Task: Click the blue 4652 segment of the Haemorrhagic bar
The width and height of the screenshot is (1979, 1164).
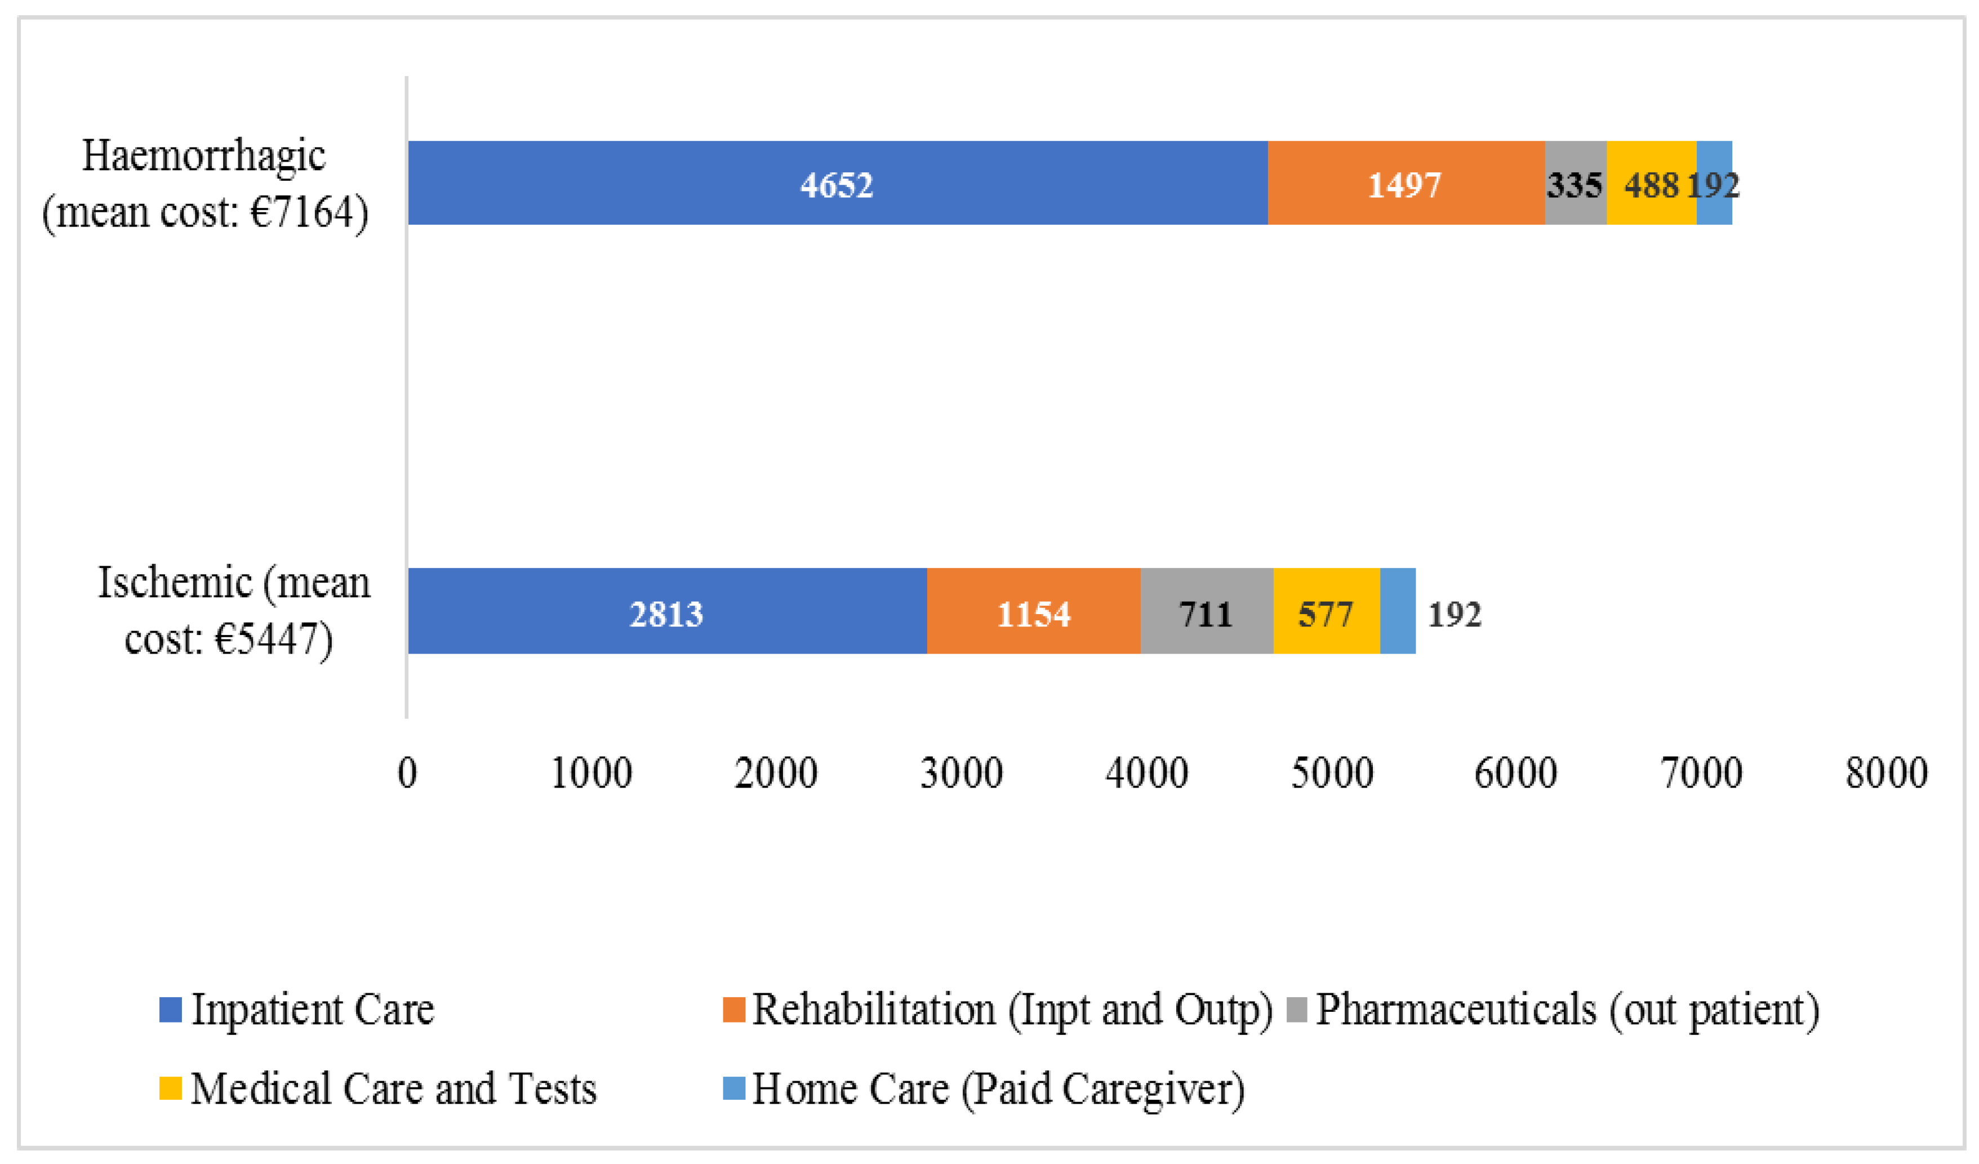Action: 837,184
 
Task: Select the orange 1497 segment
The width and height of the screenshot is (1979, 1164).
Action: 1405,184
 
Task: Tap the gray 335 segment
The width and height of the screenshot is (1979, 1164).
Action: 1575,184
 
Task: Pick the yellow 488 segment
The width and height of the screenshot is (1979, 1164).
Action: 1651,184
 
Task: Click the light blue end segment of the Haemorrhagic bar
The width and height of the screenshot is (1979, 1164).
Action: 1714,184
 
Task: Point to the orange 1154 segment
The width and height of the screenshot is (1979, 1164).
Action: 1034,612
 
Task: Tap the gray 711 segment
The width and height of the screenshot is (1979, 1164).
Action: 1206,612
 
